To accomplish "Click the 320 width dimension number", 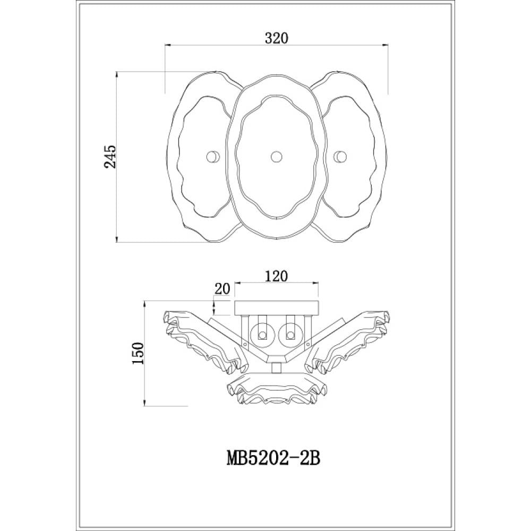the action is (x=276, y=38).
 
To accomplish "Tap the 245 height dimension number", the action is (x=110, y=157).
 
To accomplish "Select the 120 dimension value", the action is (x=277, y=276).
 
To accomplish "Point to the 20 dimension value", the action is (x=222, y=289).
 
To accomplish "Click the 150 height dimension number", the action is (x=138, y=353).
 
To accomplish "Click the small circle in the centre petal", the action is (x=276, y=157).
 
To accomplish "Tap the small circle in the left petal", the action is (x=213, y=157).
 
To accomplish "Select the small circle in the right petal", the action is (x=340, y=157).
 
